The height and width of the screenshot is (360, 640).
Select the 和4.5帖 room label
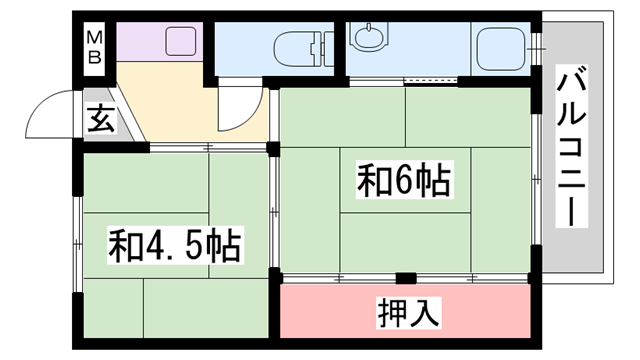[x=175, y=244]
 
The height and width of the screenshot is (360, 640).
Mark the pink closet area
[x=405, y=313]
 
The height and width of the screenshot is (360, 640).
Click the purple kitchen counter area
[x=160, y=43]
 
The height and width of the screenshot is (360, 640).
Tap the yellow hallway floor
[x=180, y=105]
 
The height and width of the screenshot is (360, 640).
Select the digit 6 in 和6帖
[x=407, y=182]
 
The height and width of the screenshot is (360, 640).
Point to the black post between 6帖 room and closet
[x=405, y=277]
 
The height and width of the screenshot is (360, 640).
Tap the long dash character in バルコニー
[x=574, y=210]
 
